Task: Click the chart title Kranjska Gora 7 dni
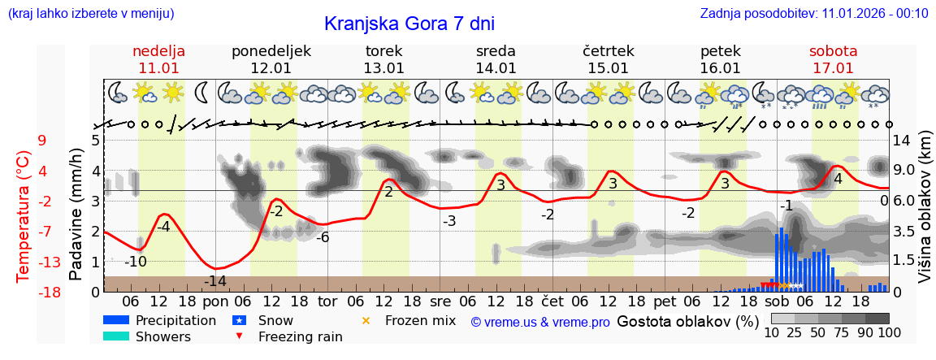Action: (x=409, y=24)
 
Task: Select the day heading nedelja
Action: (x=159, y=51)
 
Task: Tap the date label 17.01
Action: (x=833, y=68)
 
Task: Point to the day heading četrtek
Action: (x=609, y=51)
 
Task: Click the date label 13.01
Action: (x=383, y=68)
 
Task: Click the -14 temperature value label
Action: (x=215, y=281)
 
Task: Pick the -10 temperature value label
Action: (x=136, y=262)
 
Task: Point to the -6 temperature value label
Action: (x=323, y=237)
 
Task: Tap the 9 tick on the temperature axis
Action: (x=41, y=141)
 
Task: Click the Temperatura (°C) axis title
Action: (x=24, y=215)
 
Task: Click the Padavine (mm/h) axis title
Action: (x=76, y=215)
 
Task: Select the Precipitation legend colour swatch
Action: (x=115, y=320)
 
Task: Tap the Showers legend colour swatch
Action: (x=115, y=336)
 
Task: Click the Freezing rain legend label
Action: (x=299, y=336)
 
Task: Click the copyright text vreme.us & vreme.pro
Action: (x=540, y=322)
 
